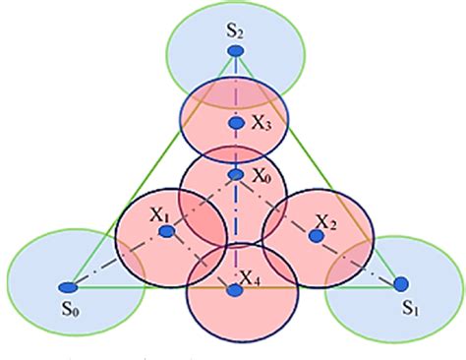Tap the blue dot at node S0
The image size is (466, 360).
tap(67, 287)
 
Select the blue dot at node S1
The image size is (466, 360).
tap(399, 283)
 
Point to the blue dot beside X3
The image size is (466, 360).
tap(235, 123)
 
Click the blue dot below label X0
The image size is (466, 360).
tap(236, 175)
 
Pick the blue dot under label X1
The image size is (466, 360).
tap(167, 231)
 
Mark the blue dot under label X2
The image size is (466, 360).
tap(317, 236)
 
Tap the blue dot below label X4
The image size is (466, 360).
tap(233, 290)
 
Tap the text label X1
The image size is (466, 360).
tap(160, 212)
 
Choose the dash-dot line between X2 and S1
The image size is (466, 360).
tap(359, 261)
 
